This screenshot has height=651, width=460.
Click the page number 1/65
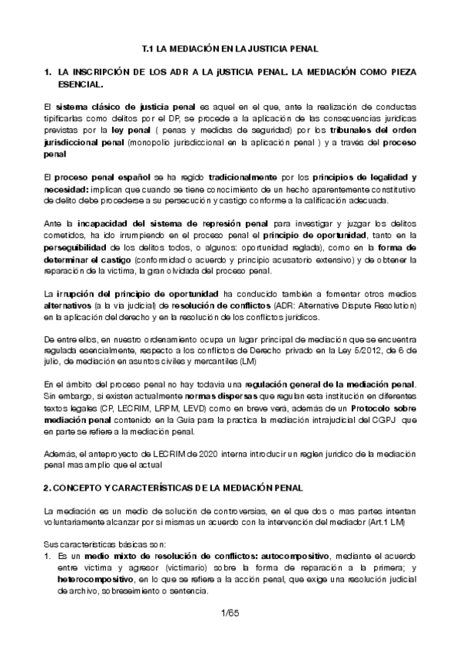pyautogui.click(x=230, y=613)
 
